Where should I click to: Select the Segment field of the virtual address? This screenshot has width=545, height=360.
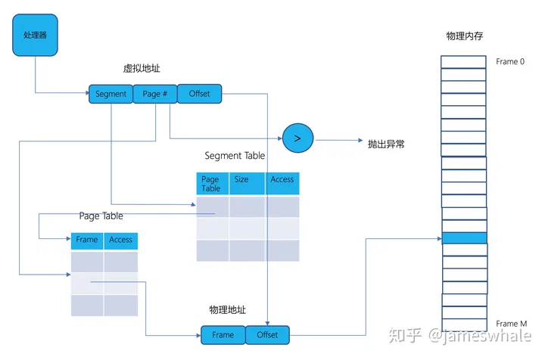pyautogui.click(x=111, y=94)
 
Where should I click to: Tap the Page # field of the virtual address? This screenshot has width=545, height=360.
pyautogui.click(x=154, y=94)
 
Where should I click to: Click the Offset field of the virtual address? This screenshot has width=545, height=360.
pyautogui.click(x=199, y=94)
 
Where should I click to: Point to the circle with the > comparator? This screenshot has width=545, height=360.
pyautogui.click(x=297, y=138)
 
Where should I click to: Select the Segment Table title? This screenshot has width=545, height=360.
pyautogui.click(x=235, y=156)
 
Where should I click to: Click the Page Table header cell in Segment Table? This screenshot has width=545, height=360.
pyautogui.click(x=212, y=184)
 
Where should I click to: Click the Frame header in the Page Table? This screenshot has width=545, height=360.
pyautogui.click(x=87, y=241)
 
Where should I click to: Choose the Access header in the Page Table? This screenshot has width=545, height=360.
pyautogui.click(x=121, y=241)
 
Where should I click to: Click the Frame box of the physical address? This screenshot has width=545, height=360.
pyautogui.click(x=223, y=335)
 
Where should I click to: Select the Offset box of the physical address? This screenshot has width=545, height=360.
pyautogui.click(x=267, y=335)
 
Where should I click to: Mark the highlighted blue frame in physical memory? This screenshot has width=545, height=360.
pyautogui.click(x=463, y=238)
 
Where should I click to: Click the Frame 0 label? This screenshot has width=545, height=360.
pyautogui.click(x=509, y=61)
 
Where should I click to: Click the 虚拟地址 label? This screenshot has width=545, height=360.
pyautogui.click(x=142, y=69)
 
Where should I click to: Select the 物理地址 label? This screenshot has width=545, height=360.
pyautogui.click(x=227, y=311)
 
